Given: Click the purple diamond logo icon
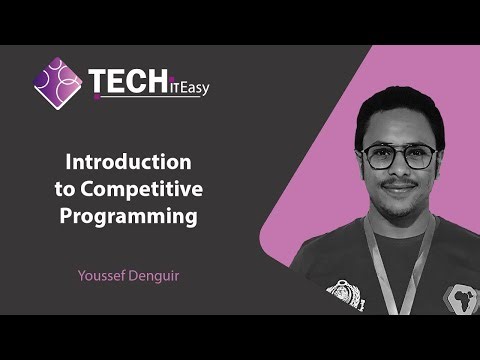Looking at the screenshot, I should click(x=58, y=83).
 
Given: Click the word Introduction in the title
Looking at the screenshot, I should click(x=127, y=160).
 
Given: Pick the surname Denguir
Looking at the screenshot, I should click(x=155, y=271).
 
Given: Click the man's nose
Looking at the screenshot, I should click(x=398, y=168).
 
